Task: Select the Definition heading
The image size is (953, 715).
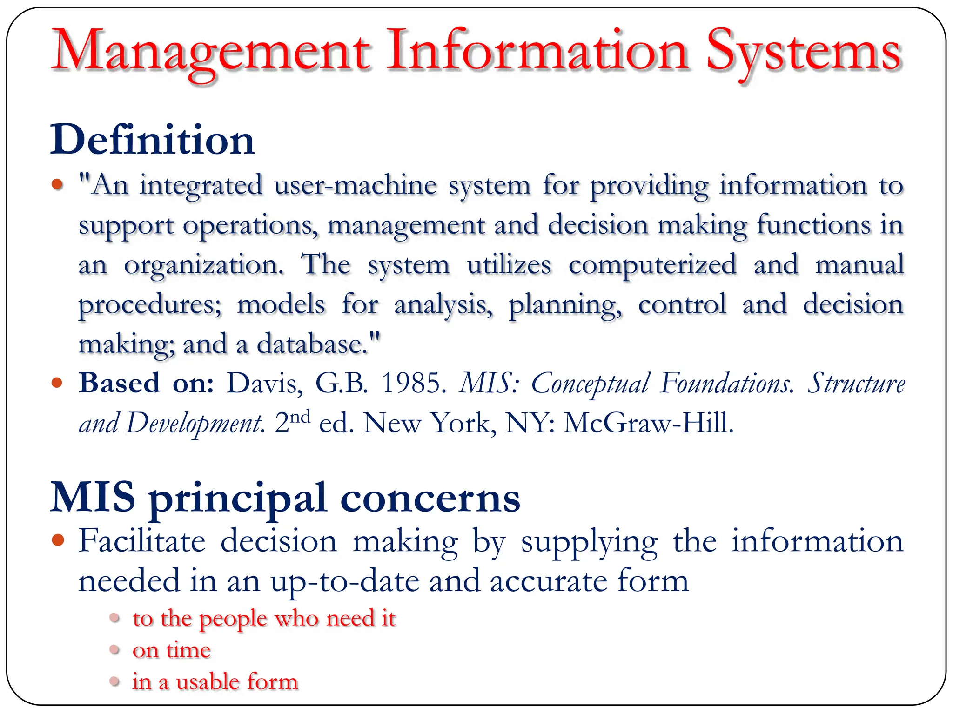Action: pos(153,140)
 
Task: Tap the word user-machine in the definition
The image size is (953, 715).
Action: pos(356,185)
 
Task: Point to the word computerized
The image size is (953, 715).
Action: pos(652,265)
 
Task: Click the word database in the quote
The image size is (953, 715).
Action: pos(309,344)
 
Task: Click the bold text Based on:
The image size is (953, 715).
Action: pos(146,384)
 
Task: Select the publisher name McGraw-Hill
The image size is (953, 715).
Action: pos(648,423)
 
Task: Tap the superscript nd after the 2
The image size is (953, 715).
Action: pos(301,416)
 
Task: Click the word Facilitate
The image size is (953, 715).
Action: pos(142,541)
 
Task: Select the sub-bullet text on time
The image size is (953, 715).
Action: pos(171,650)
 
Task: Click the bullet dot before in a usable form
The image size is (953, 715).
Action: pos(115,681)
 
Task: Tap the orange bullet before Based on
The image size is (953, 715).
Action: pos(57,383)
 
